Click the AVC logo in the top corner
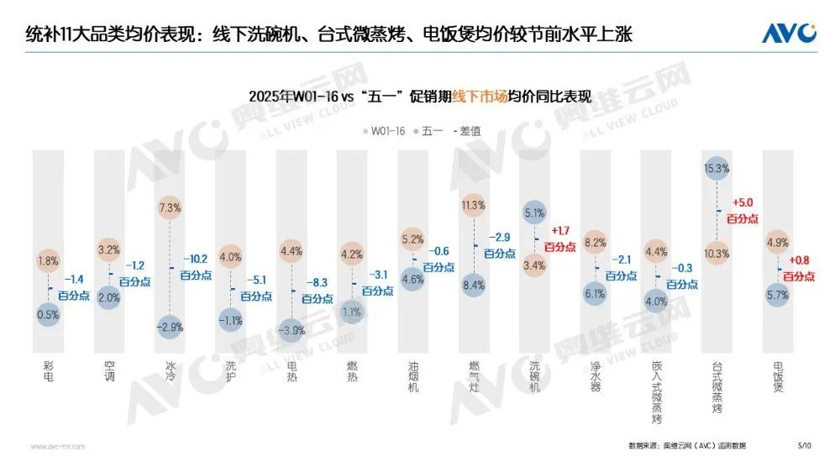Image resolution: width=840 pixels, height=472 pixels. point(789,33)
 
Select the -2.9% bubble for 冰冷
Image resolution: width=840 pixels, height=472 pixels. point(171,325)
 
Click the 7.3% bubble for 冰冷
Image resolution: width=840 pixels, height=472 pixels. point(171,207)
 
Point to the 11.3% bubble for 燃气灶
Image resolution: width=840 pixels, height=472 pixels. point(474,205)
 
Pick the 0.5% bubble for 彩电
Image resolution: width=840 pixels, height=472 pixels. point(47,314)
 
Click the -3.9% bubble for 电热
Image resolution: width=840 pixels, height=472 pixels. point(291,330)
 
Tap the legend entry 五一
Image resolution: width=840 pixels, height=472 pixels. point(429,131)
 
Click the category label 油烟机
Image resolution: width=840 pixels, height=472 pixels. point(412,377)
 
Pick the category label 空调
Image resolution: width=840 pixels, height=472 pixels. point(109,371)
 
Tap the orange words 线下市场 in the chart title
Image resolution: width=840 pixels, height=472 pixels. point(480,97)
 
